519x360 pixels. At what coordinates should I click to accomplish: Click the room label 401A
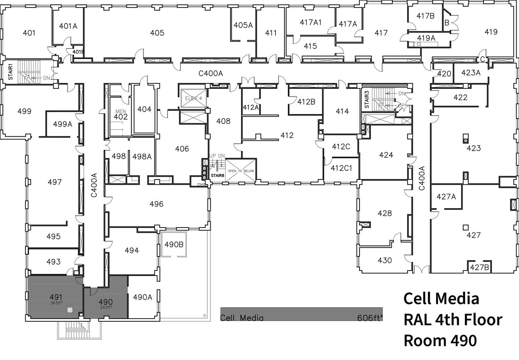tap(68, 26)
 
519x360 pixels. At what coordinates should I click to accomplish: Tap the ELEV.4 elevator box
tap(194, 99)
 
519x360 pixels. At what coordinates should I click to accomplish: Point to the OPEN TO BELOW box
tap(240, 171)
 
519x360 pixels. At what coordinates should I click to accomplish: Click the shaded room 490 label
tap(106, 302)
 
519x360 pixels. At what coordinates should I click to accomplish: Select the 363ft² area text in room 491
tap(56, 303)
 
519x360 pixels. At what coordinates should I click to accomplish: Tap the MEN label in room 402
tap(121, 111)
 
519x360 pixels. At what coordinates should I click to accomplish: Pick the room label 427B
tap(479, 267)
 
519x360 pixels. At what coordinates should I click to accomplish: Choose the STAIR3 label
tap(367, 99)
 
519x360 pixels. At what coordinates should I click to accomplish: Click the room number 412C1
tap(341, 168)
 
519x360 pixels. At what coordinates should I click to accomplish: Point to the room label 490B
tap(174, 244)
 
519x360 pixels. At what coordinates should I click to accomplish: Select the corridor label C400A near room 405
tap(210, 73)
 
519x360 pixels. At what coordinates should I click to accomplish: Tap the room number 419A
tap(426, 38)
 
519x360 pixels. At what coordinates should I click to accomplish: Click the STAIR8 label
tap(218, 176)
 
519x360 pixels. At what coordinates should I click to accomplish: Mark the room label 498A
tap(142, 157)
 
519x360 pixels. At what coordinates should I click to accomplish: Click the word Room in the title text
tap(425, 341)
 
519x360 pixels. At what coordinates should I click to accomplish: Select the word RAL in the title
tap(417, 320)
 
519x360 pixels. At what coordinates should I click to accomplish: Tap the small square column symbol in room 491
tap(70, 310)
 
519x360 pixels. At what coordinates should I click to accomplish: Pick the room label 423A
tap(471, 73)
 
